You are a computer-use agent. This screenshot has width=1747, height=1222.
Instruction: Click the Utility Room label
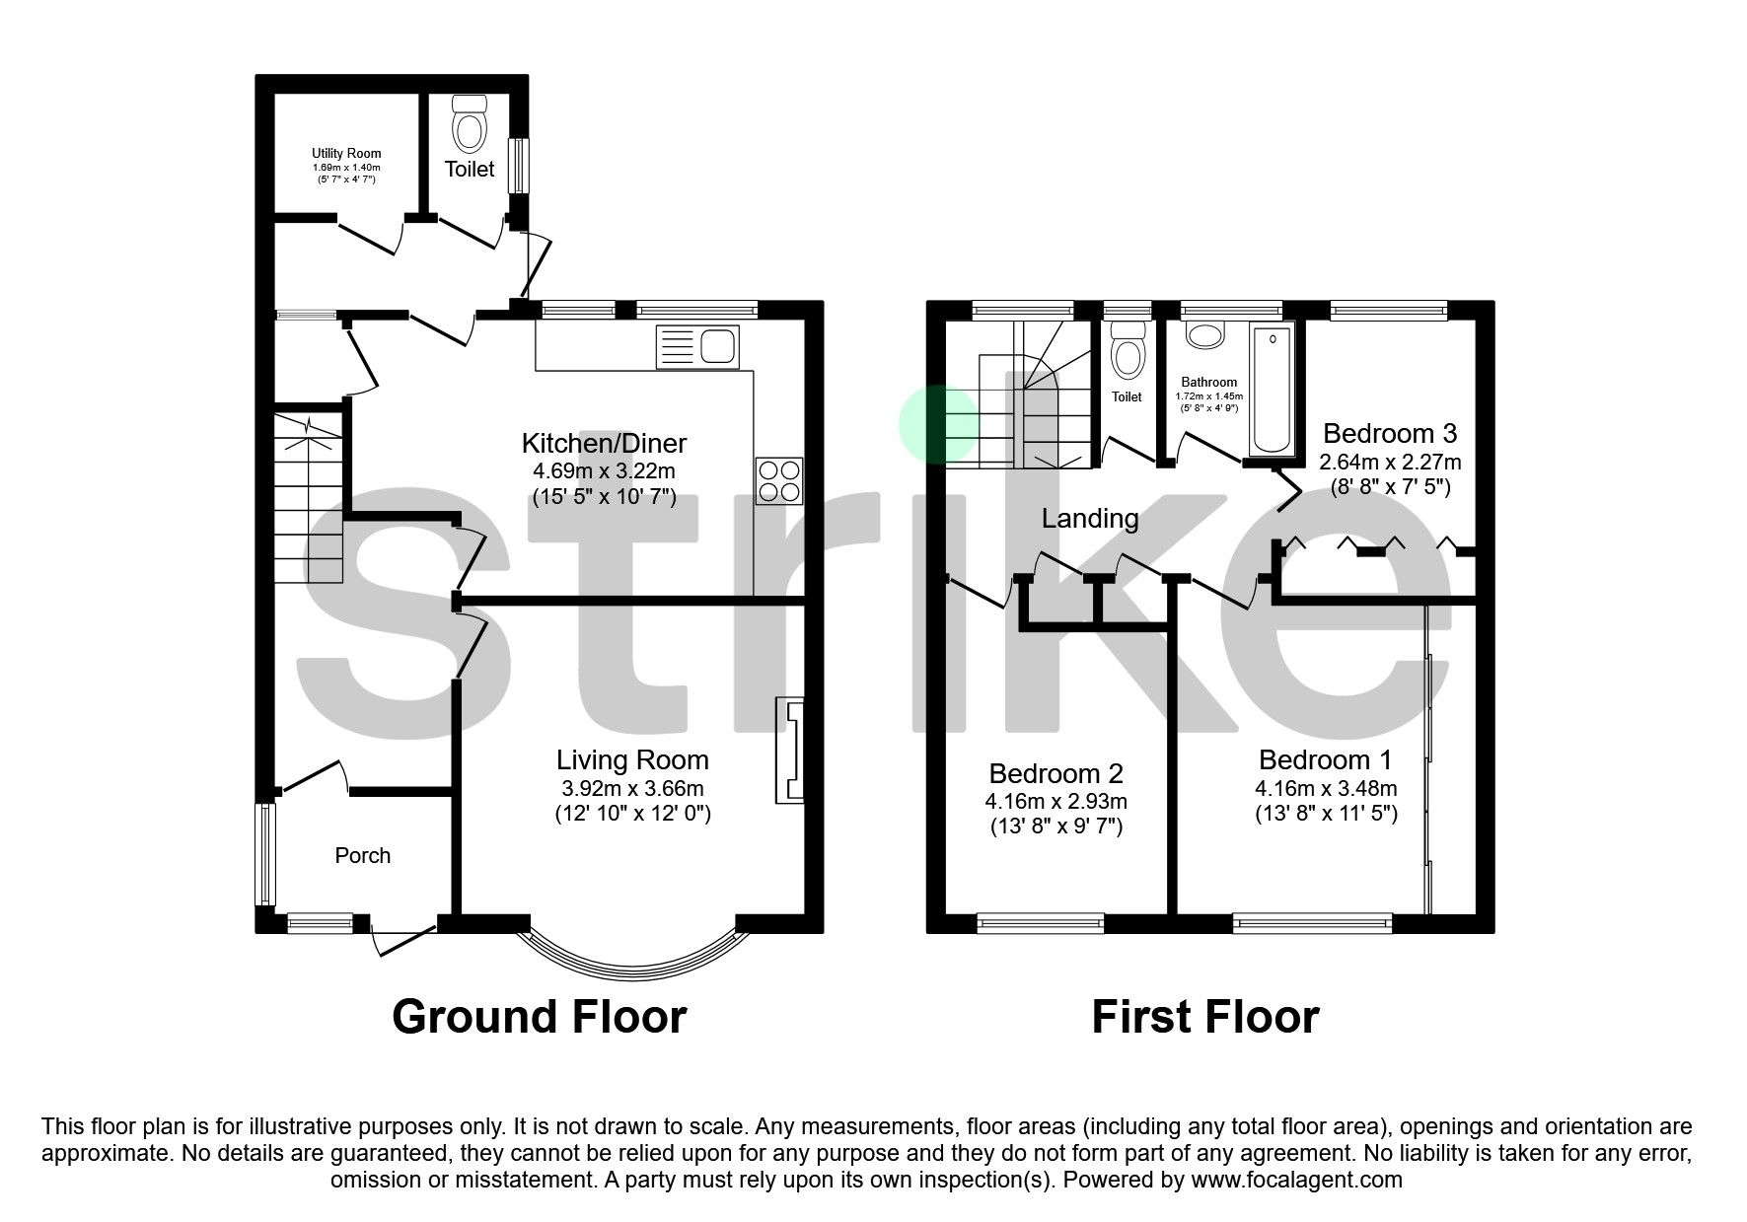(346, 154)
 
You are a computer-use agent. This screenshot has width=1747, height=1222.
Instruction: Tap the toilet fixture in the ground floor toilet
(470, 121)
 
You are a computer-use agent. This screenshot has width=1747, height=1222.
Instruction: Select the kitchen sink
(696, 347)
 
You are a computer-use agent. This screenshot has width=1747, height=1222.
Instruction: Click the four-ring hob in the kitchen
(779, 482)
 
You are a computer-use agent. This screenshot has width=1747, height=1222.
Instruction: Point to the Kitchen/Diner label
(604, 443)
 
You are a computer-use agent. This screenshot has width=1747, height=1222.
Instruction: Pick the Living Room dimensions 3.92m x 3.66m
(632, 788)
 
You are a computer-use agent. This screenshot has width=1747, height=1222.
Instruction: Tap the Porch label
(363, 856)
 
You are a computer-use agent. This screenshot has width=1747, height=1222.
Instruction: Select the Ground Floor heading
(539, 1017)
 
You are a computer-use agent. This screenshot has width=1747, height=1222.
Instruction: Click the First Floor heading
(1204, 1017)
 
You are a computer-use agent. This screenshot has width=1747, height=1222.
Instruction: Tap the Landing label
(1090, 519)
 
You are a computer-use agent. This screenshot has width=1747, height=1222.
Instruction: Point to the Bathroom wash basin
(1203, 335)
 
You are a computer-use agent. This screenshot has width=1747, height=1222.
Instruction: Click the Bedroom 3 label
(1389, 433)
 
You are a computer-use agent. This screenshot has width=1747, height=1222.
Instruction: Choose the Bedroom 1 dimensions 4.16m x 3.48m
(1326, 789)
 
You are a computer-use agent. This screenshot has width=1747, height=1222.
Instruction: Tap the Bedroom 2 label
(1056, 774)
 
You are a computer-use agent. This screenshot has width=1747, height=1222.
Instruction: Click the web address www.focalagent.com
(1296, 1180)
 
